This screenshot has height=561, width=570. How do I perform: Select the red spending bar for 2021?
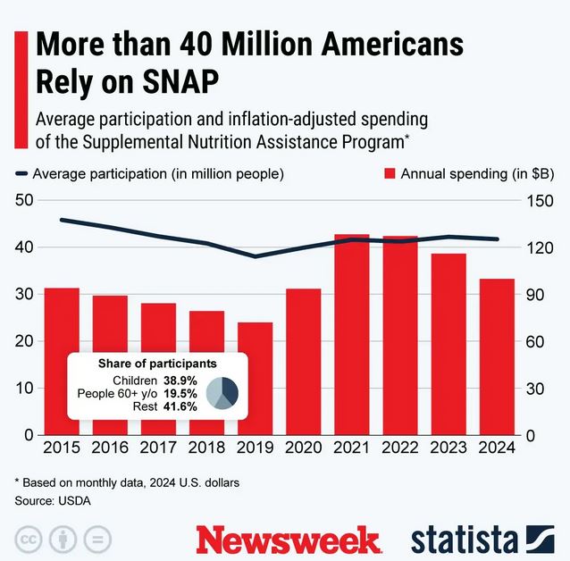click(351, 334)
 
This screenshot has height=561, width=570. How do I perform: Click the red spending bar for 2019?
click(255, 379)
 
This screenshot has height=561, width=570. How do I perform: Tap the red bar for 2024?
click(497, 356)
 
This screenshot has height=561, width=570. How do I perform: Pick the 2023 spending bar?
click(448, 344)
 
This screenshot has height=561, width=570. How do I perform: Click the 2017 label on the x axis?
click(158, 448)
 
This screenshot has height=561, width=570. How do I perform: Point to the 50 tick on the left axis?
click(24, 200)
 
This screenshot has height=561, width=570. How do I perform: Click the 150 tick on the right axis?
click(540, 201)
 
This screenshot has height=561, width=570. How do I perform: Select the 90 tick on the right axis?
click(535, 295)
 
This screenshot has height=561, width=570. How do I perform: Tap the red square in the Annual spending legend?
click(390, 174)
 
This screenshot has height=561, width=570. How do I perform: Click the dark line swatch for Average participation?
click(21, 174)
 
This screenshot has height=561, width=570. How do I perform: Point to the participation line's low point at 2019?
click(255, 256)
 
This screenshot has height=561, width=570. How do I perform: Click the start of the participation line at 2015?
click(62, 220)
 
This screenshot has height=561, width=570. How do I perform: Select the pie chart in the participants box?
click(222, 393)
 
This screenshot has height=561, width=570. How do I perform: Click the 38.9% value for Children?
click(180, 381)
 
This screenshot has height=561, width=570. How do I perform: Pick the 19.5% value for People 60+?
click(180, 393)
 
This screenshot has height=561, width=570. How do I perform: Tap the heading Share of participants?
click(157, 364)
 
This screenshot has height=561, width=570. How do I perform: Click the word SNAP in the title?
click(180, 81)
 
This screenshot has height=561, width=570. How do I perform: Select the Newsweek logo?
click(289, 540)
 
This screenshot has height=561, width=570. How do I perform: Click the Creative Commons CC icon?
click(29, 540)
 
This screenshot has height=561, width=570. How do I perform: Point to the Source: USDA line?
click(53, 501)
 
